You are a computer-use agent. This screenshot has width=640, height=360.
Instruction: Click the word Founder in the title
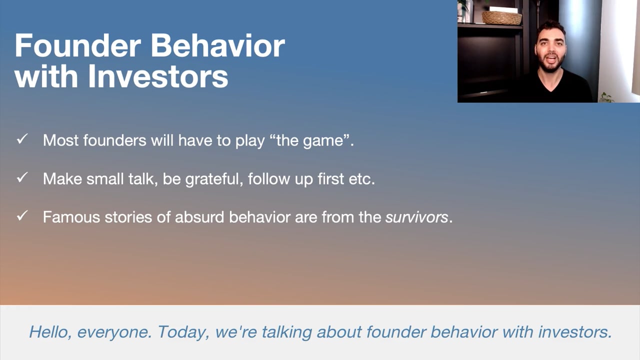click(78, 46)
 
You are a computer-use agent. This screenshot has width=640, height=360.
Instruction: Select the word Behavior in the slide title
click(217, 45)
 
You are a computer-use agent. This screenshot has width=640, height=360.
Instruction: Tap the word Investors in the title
click(158, 76)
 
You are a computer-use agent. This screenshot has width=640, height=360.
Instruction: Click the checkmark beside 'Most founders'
click(22, 139)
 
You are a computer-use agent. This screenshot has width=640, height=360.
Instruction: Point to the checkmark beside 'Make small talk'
click(22, 177)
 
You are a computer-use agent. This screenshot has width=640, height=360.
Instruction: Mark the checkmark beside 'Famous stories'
click(22, 215)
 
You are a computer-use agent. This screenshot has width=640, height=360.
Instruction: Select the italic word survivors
click(416, 217)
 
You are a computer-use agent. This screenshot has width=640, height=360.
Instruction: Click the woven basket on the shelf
click(501, 18)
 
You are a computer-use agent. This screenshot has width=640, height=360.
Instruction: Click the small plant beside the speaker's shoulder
click(605, 97)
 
